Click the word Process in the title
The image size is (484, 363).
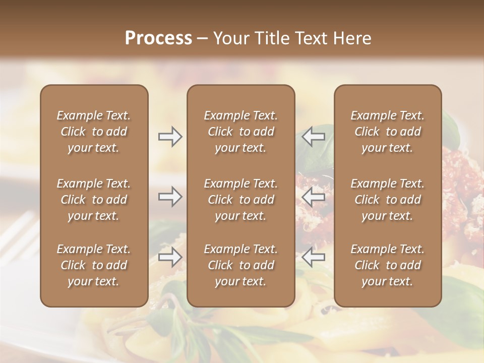click(158, 38)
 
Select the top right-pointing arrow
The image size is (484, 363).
click(170, 137)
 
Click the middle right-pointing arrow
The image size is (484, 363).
click(170, 197)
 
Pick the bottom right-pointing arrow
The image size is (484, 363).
click(170, 257)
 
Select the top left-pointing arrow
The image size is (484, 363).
click(314, 137)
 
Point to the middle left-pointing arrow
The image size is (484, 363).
click(314, 197)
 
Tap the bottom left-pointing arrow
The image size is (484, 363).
click(314, 257)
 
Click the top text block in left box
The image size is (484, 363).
click(94, 132)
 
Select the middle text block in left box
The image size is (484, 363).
click(94, 200)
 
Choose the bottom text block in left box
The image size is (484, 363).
click(94, 265)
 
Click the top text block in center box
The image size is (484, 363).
click(240, 132)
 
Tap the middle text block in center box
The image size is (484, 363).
click(240, 200)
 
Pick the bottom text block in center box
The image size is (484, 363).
click(240, 265)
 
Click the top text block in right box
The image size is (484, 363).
click(388, 132)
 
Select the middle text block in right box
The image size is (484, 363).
click(388, 200)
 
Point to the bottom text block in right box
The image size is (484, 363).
click(388, 265)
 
